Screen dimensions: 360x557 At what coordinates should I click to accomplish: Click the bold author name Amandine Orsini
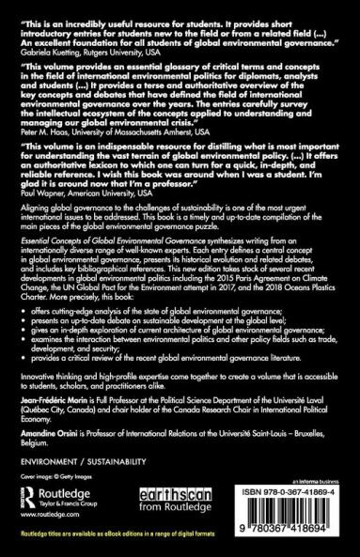coord(60,455)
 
